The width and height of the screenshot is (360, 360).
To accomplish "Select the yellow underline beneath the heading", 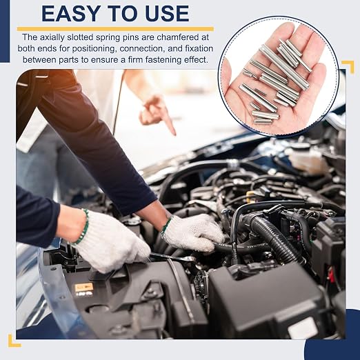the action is (115, 29).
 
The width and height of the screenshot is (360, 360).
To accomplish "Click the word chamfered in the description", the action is (183, 37).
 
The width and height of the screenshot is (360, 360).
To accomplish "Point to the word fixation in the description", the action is (199, 49).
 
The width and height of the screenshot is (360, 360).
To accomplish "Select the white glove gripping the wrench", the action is (110, 243).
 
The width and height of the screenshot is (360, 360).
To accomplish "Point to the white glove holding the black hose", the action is (192, 232).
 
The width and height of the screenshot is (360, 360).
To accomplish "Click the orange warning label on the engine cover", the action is (84, 287).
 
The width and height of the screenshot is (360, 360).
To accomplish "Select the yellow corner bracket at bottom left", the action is (12, 342).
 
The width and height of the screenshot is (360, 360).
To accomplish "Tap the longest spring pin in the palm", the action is (285, 67).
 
